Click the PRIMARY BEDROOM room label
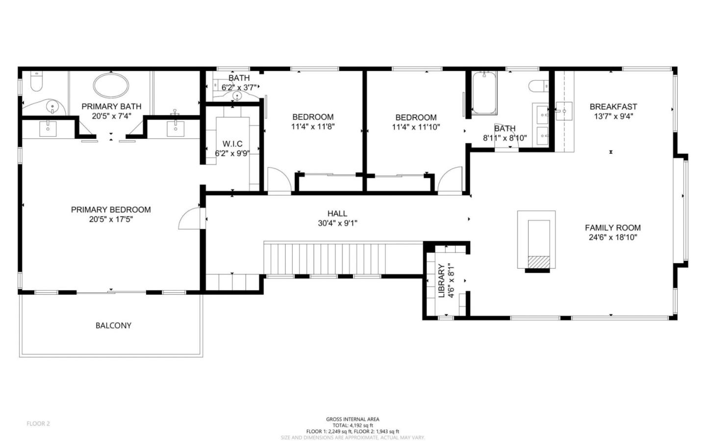(111, 209)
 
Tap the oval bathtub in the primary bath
(111, 85)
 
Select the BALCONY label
(113, 325)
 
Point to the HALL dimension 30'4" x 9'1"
(337, 223)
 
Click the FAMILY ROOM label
(612, 228)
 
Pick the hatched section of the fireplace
(538, 262)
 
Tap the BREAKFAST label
(613, 106)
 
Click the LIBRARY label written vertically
(441, 281)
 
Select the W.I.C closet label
(232, 144)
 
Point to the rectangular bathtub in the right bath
(484, 93)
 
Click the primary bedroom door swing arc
(188, 219)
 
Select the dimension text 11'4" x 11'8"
(313, 127)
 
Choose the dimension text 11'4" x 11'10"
(416, 127)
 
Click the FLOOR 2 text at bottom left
(38, 423)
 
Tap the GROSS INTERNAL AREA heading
(353, 419)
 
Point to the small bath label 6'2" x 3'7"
(239, 88)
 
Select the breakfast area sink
(564, 111)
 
